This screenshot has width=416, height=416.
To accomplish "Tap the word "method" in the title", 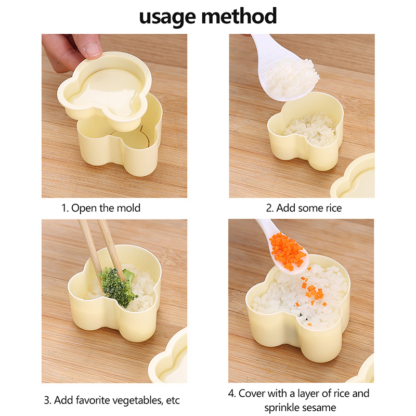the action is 239,16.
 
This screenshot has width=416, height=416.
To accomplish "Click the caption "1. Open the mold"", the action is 101,208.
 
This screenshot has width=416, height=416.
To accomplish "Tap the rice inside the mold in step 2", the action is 310,129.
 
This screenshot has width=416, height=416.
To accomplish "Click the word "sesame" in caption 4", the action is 319,408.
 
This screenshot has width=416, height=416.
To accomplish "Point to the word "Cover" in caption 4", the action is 252,394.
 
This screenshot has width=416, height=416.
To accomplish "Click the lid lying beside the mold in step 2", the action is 354,177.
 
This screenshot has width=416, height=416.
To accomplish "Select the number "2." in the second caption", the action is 269,209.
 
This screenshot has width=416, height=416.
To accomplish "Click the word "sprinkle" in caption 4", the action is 281,408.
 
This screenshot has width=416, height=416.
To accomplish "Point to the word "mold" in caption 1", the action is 128,208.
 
